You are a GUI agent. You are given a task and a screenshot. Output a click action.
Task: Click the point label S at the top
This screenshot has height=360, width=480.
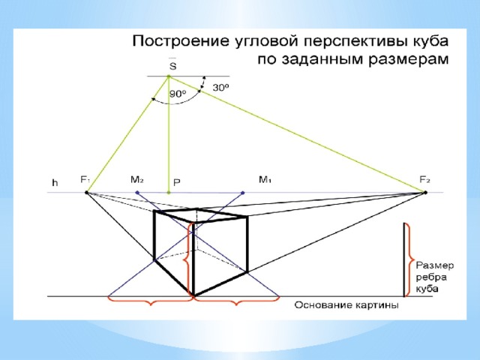click(x=173, y=66)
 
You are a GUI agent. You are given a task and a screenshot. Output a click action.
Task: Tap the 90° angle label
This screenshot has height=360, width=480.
click(x=178, y=94)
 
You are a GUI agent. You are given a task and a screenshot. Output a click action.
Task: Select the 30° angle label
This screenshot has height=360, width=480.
click(x=221, y=88)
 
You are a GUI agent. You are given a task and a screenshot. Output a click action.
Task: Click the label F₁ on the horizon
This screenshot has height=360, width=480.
click(x=85, y=180)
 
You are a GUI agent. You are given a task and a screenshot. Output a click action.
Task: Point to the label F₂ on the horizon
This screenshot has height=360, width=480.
click(x=425, y=180)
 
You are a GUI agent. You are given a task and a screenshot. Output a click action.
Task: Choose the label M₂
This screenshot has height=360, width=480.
click(x=136, y=180)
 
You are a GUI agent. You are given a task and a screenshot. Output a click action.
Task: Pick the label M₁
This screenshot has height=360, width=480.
click(x=265, y=180)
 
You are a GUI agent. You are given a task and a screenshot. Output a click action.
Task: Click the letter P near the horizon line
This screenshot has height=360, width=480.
click(x=177, y=183)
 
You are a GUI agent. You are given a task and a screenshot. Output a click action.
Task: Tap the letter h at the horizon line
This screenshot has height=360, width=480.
click(x=55, y=183)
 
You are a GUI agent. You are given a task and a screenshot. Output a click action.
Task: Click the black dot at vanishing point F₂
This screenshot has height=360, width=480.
click(x=425, y=192)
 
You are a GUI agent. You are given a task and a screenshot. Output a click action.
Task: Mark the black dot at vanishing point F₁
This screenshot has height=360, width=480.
click(x=87, y=192)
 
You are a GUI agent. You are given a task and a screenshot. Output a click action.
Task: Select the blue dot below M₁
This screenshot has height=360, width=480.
click(x=243, y=193)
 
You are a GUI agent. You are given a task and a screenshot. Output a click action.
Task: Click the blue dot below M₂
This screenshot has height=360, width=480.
click(x=137, y=193)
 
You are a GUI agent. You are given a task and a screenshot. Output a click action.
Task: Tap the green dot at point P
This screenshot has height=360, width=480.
click(x=168, y=193)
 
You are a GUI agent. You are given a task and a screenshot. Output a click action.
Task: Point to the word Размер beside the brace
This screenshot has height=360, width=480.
click(x=435, y=266)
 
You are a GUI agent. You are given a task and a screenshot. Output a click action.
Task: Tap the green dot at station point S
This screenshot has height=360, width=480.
click(x=168, y=76)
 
